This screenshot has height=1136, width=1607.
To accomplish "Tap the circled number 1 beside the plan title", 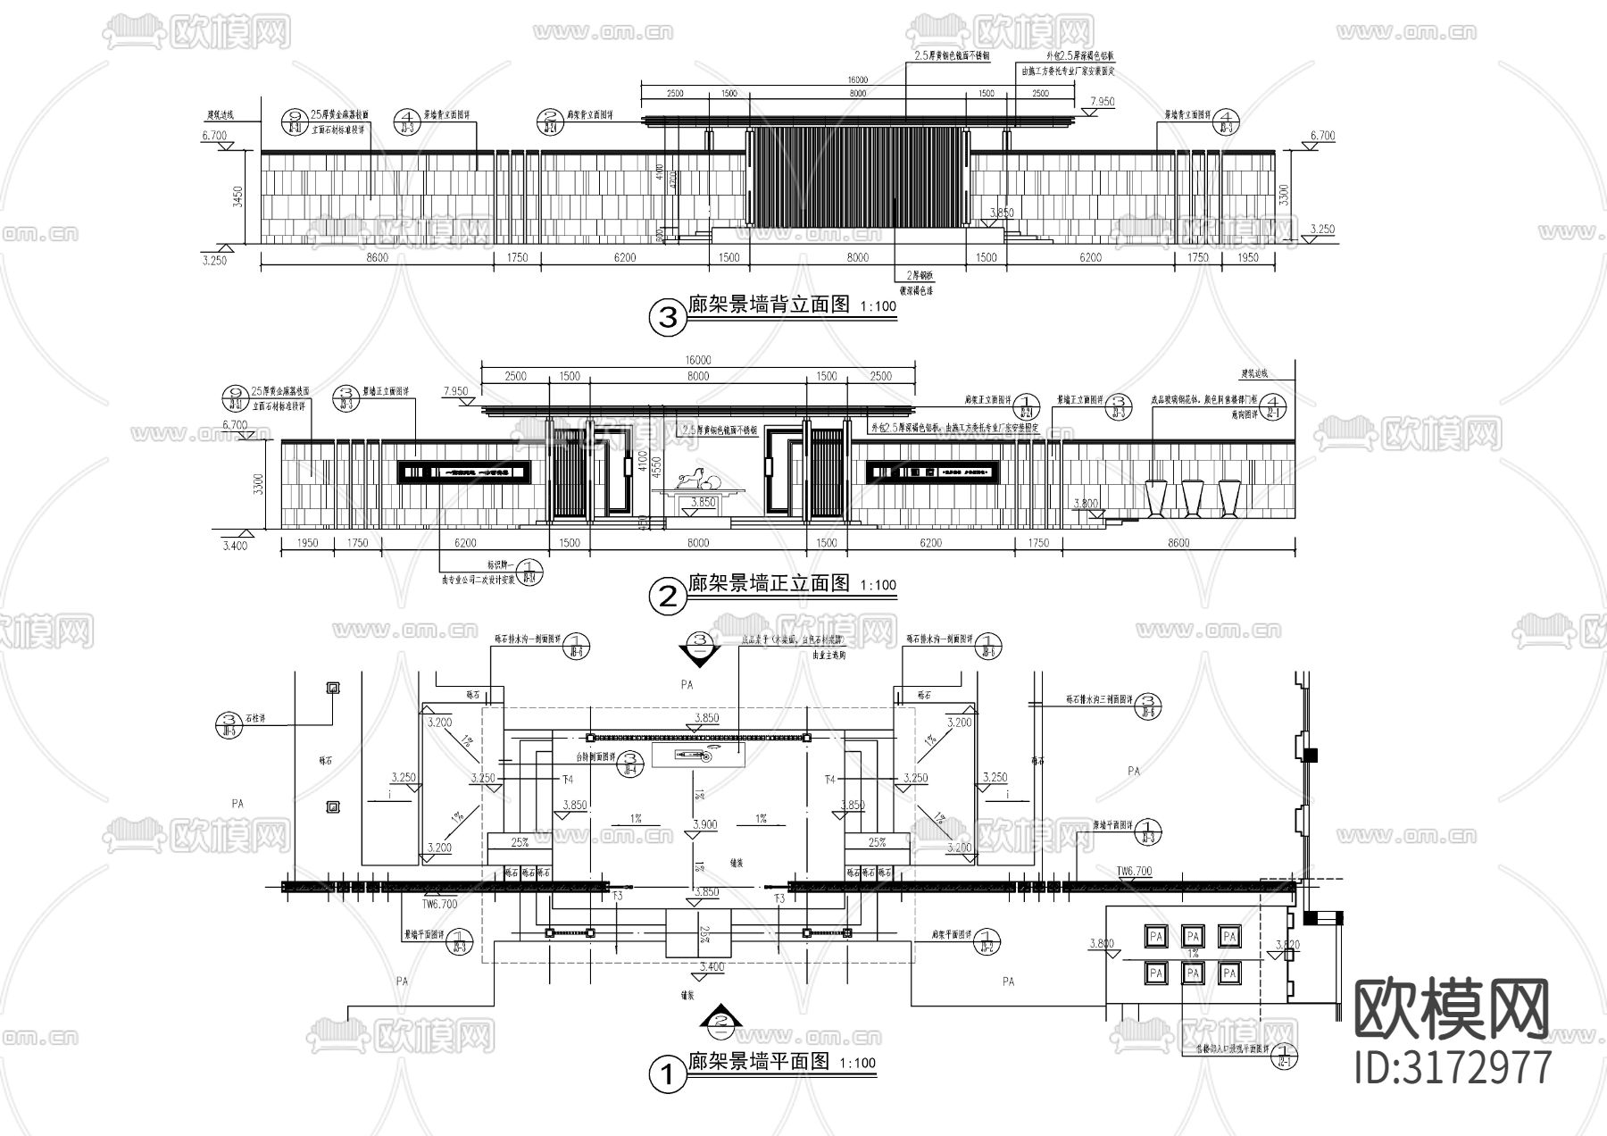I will tap(666, 1074).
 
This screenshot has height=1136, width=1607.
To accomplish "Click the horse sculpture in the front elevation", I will tap(691, 480).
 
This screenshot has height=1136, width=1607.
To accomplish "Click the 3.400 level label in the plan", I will tap(712, 966).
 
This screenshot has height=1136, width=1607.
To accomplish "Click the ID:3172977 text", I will tap(1453, 1068).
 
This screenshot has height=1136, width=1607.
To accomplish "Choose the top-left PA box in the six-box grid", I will tap(1156, 936).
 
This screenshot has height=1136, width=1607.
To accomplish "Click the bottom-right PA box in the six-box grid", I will tap(1230, 973).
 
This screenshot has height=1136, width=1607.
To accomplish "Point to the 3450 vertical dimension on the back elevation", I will tap(236, 196).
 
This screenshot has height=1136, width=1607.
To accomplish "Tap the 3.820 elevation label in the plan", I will tap(1288, 944).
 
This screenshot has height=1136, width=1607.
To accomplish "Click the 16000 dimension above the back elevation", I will tap(858, 80).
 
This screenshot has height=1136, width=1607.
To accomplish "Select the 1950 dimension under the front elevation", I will tap(307, 543).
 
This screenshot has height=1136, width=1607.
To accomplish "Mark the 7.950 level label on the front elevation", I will tap(454, 391).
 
